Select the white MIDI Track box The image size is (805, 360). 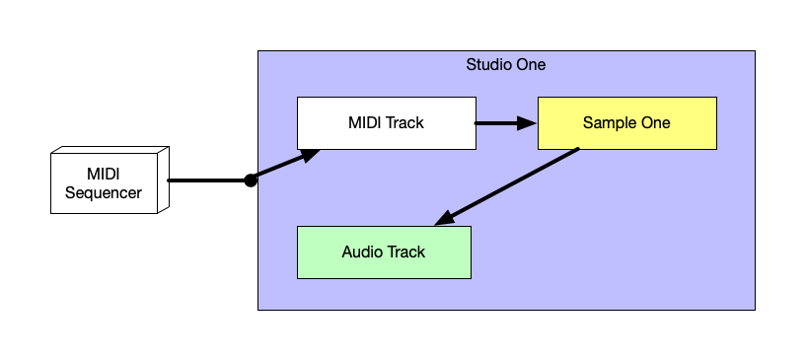tap(386, 123)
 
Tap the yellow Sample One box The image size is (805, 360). tap(626, 123)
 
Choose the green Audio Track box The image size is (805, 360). tap(384, 252)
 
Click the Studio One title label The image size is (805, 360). tap(505, 65)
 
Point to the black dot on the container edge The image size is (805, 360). tap(251, 180)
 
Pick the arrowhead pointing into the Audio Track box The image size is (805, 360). tap(444, 218)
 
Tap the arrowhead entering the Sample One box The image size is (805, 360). tap(529, 123)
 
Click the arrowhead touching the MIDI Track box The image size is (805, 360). tap(311, 155)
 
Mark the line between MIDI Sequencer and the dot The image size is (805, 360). tap(207, 180)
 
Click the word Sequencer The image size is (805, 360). tap(103, 192)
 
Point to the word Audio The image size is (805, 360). tap(362, 252)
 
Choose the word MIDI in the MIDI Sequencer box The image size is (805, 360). tap(103, 175)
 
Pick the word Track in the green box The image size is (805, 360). tap(405, 252)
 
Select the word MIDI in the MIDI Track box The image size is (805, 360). tap(364, 123)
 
